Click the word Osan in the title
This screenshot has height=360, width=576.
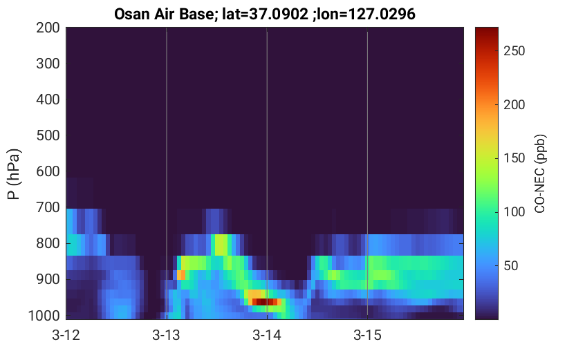pyautogui.click(x=131, y=15)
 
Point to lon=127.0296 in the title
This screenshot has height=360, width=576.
pyautogui.click(x=366, y=15)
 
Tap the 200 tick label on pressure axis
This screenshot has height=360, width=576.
pyautogui.click(x=48, y=28)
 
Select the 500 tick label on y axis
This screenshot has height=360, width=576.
pyautogui.click(x=48, y=136)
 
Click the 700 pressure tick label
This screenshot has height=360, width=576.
pyautogui.click(x=48, y=208)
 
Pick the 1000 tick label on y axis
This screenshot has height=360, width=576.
pyautogui.click(x=44, y=316)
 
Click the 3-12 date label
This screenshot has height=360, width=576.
pyautogui.click(x=66, y=335)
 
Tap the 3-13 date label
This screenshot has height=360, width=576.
pyautogui.click(x=167, y=335)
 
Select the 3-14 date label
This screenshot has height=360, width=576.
pyautogui.click(x=267, y=335)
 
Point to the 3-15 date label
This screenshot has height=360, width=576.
pyautogui.click(x=367, y=335)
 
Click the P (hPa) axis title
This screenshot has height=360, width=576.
pyautogui.click(x=14, y=174)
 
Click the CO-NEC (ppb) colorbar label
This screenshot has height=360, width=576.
pyautogui.click(x=539, y=173)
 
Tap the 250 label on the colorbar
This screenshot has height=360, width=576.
pyautogui.click(x=514, y=51)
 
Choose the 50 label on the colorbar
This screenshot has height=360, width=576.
pyautogui.click(x=510, y=266)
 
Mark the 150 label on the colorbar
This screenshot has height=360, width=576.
pyautogui.click(x=514, y=158)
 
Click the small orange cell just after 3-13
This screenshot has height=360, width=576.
pyautogui.click(x=181, y=275)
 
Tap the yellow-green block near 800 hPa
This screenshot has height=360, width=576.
pyautogui.click(x=221, y=245)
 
